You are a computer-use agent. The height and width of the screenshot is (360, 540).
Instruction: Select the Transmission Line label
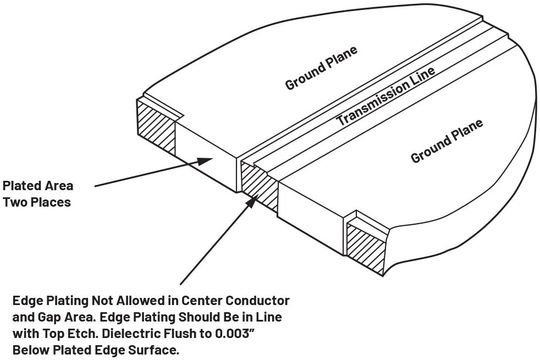[x=384, y=101]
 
